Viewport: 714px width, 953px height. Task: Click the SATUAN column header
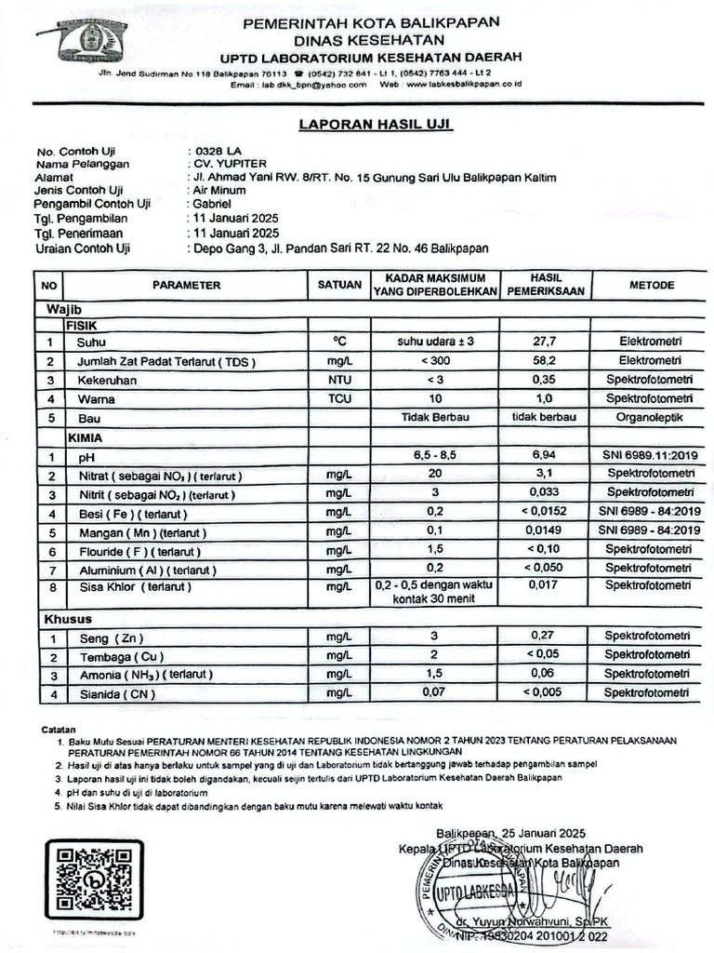click(338, 285)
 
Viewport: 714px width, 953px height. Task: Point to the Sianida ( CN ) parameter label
click(116, 693)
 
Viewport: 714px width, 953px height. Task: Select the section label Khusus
click(66, 619)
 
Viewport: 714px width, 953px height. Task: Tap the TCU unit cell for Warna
click(338, 399)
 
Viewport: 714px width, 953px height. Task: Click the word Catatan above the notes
click(60, 728)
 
